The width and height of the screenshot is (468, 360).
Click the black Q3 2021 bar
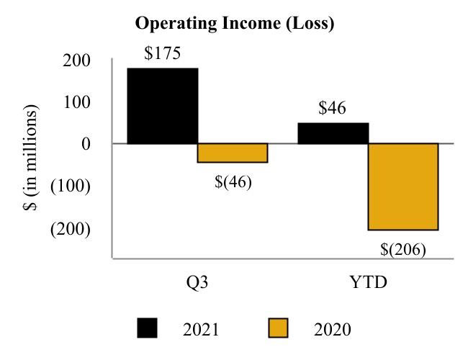pos(162,106)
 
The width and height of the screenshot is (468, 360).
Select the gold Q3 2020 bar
pos(233,153)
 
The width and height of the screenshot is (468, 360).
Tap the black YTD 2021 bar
pos(333,133)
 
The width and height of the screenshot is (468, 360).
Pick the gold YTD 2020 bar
pos(402,186)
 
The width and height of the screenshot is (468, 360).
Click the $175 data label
pos(162,53)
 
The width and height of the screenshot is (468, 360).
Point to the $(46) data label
pos(233,181)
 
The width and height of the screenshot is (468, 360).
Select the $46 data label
pos(333,109)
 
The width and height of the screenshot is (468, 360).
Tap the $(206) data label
pos(403,249)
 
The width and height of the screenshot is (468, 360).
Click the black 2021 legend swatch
pos(148,329)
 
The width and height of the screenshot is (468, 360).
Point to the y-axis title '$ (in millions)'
pos(30,157)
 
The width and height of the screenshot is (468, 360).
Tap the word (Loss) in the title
pos(312,24)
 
